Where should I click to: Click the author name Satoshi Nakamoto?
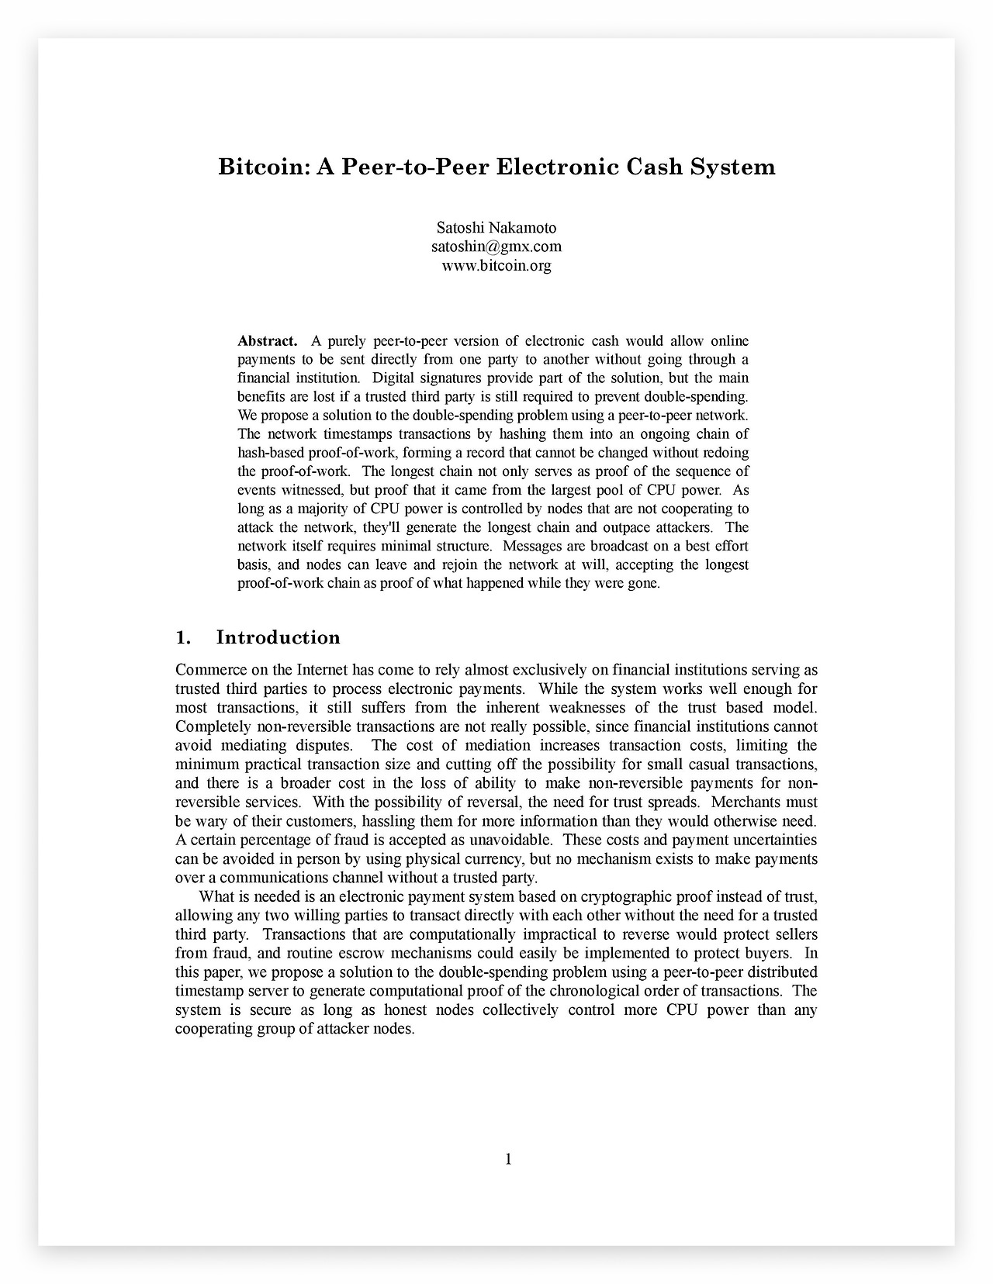(496, 228)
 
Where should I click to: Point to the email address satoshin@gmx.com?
(496, 247)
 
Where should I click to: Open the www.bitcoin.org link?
(496, 265)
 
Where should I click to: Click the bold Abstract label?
(267, 341)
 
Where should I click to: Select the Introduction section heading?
(278, 637)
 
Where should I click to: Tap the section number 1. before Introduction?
(183, 637)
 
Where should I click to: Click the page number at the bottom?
(508, 1159)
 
